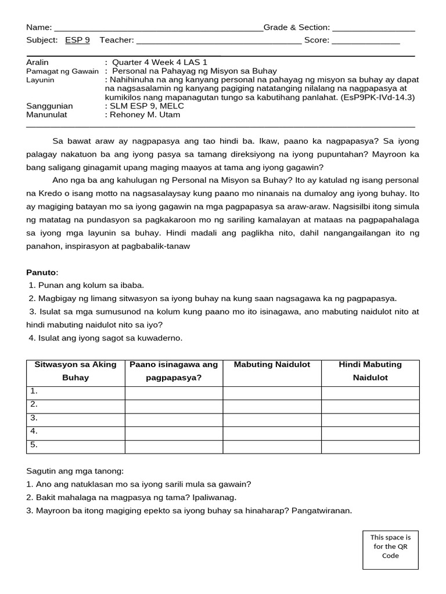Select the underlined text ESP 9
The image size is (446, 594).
77,40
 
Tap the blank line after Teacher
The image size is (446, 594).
219,41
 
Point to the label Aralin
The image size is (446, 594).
38,62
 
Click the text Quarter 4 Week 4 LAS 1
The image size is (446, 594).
159,62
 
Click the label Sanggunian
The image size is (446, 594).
50,106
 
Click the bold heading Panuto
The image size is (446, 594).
42,272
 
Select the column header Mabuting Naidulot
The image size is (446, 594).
272,365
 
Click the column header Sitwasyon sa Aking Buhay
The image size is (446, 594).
75,371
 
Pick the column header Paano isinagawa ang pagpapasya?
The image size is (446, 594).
174,371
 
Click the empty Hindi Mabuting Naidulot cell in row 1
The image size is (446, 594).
371,393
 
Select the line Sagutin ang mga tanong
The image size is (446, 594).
75,472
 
